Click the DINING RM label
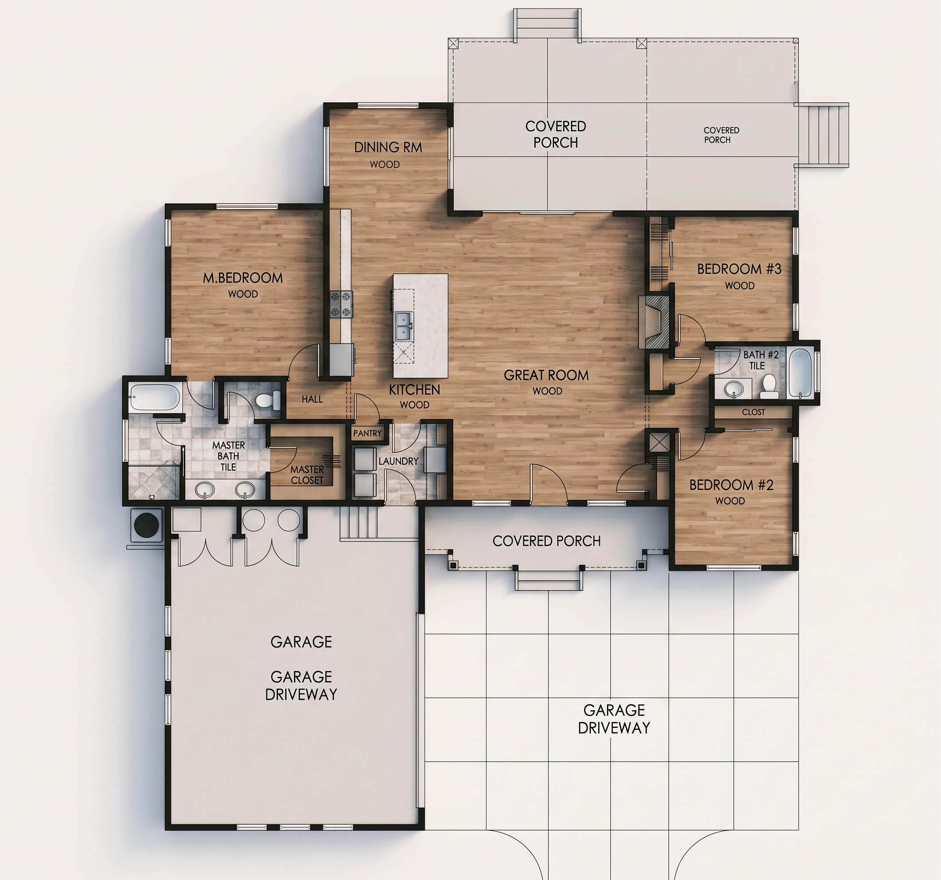pyautogui.click(x=388, y=148)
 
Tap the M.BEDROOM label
pyautogui.click(x=243, y=278)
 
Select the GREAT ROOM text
pyautogui.click(x=546, y=375)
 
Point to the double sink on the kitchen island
pyautogui.click(x=403, y=326)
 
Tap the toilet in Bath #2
pyautogui.click(x=768, y=387)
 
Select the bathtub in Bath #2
pyautogui.click(x=800, y=373)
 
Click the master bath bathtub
pyautogui.click(x=155, y=397)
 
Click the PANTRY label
pyautogui.click(x=367, y=433)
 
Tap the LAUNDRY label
pyautogui.click(x=399, y=461)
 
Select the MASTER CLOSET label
pyautogui.click(x=307, y=475)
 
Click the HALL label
pyautogui.click(x=312, y=400)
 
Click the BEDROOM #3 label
pyautogui.click(x=739, y=269)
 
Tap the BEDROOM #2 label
pyautogui.click(x=731, y=485)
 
